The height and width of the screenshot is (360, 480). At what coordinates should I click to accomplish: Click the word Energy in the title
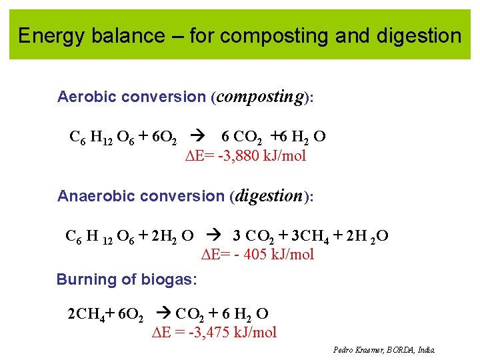click(x=50, y=35)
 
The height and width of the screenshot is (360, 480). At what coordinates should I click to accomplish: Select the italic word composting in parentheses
click(x=261, y=97)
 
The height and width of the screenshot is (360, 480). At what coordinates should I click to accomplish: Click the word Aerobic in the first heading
click(x=83, y=97)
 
